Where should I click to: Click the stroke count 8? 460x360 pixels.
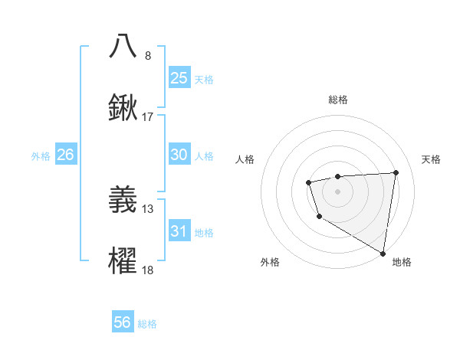pyautogui.click(x=148, y=55)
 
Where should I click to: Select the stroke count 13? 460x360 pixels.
pyautogui.click(x=148, y=208)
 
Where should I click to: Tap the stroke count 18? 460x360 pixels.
pyautogui.click(x=148, y=270)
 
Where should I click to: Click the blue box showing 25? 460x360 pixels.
pyautogui.click(x=179, y=77)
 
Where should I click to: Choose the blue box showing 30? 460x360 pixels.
pyautogui.click(x=179, y=155)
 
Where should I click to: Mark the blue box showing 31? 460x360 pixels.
pyautogui.click(x=179, y=231)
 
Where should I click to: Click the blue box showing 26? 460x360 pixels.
pyautogui.click(x=65, y=155)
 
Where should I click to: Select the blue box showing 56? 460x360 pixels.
pyautogui.click(x=123, y=322)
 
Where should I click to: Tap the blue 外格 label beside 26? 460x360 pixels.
pyautogui.click(x=41, y=156)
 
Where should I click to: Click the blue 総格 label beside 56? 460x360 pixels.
pyautogui.click(x=147, y=324)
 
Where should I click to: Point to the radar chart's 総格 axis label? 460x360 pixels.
pyautogui.click(x=338, y=100)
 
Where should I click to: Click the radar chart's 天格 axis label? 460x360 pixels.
pyautogui.click(x=432, y=159)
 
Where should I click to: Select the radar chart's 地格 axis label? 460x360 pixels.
pyautogui.click(x=402, y=262)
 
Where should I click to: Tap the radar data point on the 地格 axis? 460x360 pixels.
pyautogui.click(x=383, y=253)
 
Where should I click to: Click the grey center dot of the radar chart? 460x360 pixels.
pyautogui.click(x=338, y=190)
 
